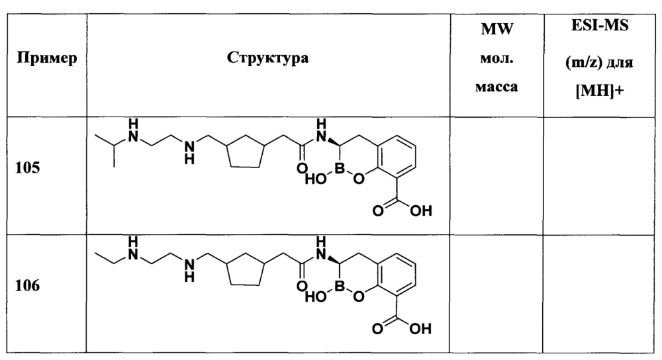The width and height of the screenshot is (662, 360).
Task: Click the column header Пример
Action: pyautogui.click(x=47, y=58)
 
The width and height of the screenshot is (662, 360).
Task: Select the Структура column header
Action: pyautogui.click(x=267, y=58)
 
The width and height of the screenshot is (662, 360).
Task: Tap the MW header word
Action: pyautogui.click(x=497, y=29)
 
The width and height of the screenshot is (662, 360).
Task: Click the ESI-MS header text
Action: pyautogui.click(x=600, y=25)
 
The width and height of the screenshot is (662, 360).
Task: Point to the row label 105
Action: pyautogui.click(x=27, y=168)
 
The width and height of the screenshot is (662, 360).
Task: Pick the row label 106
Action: pyautogui.click(x=27, y=286)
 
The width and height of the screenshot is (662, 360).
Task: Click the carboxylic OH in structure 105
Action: pyautogui.click(x=420, y=210)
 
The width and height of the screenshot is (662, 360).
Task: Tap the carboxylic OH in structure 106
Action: pyautogui.click(x=420, y=328)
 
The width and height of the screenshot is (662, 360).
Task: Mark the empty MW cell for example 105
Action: pyautogui.click(x=496, y=175)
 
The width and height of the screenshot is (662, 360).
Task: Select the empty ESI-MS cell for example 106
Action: pyautogui.click(x=599, y=293)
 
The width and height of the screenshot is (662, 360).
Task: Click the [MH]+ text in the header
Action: pyautogui.click(x=600, y=90)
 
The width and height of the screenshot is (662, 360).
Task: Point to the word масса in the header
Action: pyautogui.click(x=496, y=87)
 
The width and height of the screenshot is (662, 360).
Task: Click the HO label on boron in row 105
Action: pyautogui.click(x=316, y=179)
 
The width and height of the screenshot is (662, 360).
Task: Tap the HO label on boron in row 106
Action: pyautogui.click(x=316, y=296)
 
